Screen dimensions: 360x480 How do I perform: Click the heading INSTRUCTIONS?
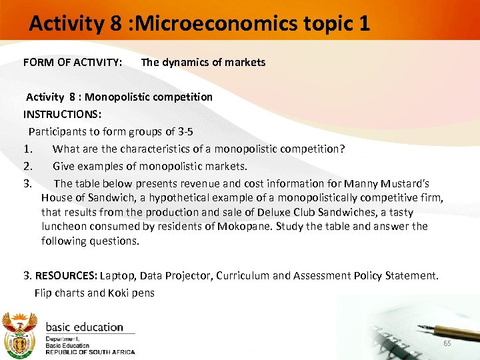62,114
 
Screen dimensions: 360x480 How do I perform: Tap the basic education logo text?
84,327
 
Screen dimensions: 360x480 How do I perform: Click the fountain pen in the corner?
446,329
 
